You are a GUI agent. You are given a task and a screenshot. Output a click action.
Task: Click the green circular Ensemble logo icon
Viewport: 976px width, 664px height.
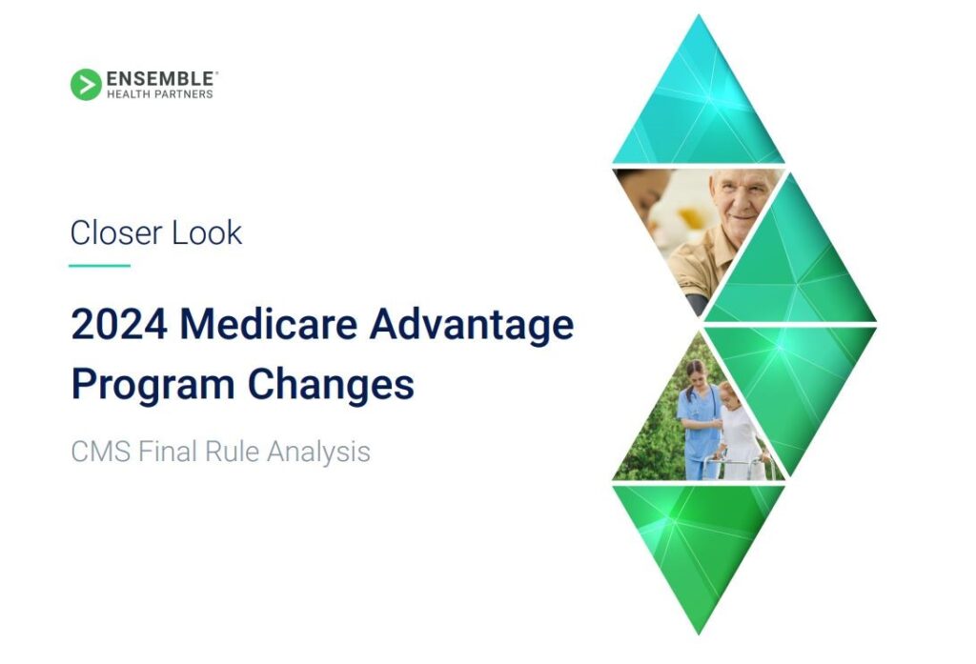[86, 85]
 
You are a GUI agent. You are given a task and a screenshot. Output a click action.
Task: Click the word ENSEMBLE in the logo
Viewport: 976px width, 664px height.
[160, 79]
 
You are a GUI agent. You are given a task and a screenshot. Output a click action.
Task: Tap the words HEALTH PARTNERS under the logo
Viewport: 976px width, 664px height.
[160, 94]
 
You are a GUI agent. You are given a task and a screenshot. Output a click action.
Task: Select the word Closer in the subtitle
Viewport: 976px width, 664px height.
[116, 232]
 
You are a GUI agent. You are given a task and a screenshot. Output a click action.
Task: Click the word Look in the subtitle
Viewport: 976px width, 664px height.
[207, 232]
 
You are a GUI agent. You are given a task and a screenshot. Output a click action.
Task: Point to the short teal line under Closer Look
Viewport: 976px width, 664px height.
[99, 266]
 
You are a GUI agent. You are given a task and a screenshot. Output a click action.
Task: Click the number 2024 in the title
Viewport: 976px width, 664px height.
[119, 324]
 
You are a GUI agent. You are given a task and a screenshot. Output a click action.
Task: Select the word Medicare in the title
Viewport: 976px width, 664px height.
[268, 324]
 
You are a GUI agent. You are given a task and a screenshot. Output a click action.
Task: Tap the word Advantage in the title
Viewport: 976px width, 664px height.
[471, 326]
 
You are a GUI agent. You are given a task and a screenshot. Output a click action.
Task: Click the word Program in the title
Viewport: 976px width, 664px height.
[153, 385]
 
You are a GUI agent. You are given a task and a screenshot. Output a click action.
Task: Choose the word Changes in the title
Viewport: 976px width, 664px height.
[331, 385]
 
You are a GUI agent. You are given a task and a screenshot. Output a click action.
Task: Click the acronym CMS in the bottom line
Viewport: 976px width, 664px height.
[100, 452]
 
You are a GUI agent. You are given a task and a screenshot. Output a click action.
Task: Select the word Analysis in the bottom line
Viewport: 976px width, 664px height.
[318, 453]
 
